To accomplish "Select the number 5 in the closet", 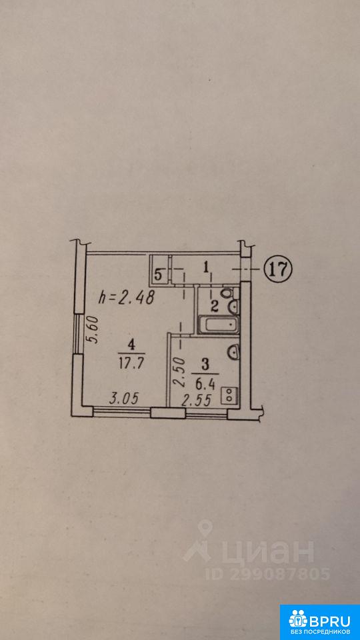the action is coord(159,275).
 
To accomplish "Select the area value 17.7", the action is coord(131,363).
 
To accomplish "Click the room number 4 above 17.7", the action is coord(131,345).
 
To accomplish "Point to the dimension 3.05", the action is coord(124,398).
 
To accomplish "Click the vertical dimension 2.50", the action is coord(179,372).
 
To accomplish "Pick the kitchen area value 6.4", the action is coord(205,383).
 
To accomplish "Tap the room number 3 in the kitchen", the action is coord(205,364).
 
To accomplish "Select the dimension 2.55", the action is coord(196,401).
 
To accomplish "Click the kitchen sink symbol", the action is coord(233,351).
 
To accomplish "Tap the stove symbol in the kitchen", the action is coord(229,396).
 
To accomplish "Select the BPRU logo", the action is coord(319,622).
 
